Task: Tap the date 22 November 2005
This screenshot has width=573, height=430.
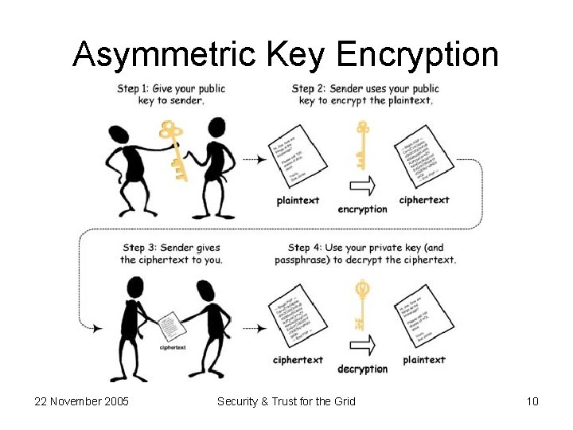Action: click(x=82, y=401)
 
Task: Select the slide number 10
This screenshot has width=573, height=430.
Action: click(x=532, y=401)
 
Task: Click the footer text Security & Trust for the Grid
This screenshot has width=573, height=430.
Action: click(x=286, y=401)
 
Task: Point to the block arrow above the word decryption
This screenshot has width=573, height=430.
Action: click(x=362, y=344)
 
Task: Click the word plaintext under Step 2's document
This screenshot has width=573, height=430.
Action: click(x=298, y=201)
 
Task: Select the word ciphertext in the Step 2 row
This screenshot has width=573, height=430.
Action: click(x=424, y=201)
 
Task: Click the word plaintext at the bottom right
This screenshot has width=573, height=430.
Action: click(x=424, y=360)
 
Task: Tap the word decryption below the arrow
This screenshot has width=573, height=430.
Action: click(x=362, y=369)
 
